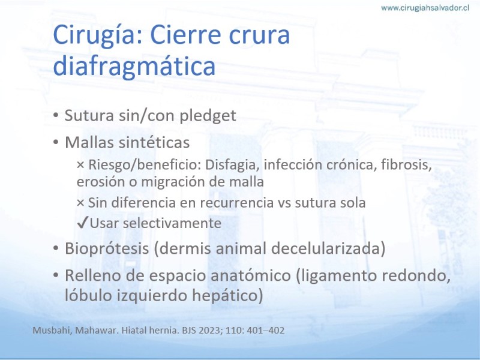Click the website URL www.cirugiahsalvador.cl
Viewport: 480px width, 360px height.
click(425, 8)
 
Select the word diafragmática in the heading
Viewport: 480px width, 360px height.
click(134, 66)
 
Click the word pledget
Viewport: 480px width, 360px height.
click(208, 116)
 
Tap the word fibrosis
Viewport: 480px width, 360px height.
click(406, 164)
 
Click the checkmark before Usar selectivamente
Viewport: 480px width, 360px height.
click(83, 223)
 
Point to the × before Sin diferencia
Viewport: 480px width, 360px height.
click(80, 203)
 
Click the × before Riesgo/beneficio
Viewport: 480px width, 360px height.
click(80, 165)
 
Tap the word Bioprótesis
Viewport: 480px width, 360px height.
click(107, 248)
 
